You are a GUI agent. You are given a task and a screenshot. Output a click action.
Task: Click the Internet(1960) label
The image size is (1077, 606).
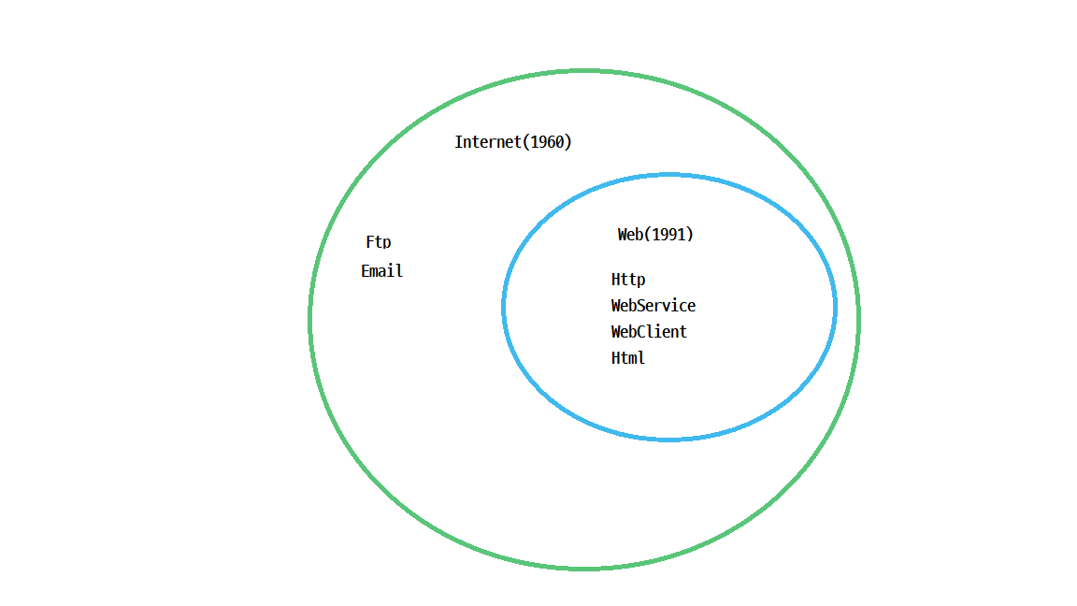coord(512,142)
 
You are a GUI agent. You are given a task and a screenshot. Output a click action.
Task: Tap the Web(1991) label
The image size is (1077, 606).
coord(655,235)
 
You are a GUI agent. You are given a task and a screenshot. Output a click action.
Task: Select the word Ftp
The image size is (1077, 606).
coord(379,242)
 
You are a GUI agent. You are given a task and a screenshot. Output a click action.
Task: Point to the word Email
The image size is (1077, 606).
coord(381,271)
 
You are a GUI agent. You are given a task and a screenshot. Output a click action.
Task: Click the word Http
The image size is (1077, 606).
coord(628,280)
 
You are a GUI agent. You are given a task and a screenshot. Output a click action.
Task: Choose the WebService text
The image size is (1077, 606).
coord(653,306)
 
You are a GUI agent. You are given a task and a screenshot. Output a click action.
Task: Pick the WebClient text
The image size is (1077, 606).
coord(649,332)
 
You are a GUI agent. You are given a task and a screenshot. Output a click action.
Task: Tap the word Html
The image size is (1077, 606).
coord(628,358)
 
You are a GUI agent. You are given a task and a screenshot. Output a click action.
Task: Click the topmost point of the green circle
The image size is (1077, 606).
coord(583,70)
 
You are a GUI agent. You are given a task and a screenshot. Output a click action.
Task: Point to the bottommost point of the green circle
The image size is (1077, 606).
coord(583,568)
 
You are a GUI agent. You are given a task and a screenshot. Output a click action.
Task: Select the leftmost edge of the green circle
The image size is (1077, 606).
coord(309,320)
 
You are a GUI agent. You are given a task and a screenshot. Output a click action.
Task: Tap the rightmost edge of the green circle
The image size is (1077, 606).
coord(858,320)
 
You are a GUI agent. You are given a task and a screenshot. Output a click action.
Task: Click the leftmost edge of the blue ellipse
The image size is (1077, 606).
coord(504,307)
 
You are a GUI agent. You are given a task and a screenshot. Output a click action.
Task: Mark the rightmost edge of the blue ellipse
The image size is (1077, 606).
coord(835,307)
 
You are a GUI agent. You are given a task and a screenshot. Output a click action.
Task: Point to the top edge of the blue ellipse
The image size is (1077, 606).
coord(669,175)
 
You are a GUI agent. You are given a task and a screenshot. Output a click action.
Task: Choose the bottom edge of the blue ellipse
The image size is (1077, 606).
coord(669,439)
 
